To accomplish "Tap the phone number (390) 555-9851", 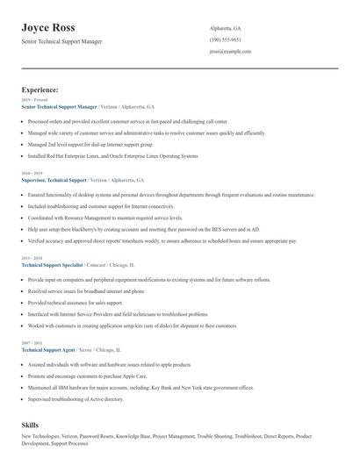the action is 226,39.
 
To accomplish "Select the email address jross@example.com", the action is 230,51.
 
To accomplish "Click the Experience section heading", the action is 40,89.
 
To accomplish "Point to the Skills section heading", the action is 31,423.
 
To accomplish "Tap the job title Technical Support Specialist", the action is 52,263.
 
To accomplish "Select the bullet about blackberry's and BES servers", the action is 132,228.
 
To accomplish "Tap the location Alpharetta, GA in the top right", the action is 226,28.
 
